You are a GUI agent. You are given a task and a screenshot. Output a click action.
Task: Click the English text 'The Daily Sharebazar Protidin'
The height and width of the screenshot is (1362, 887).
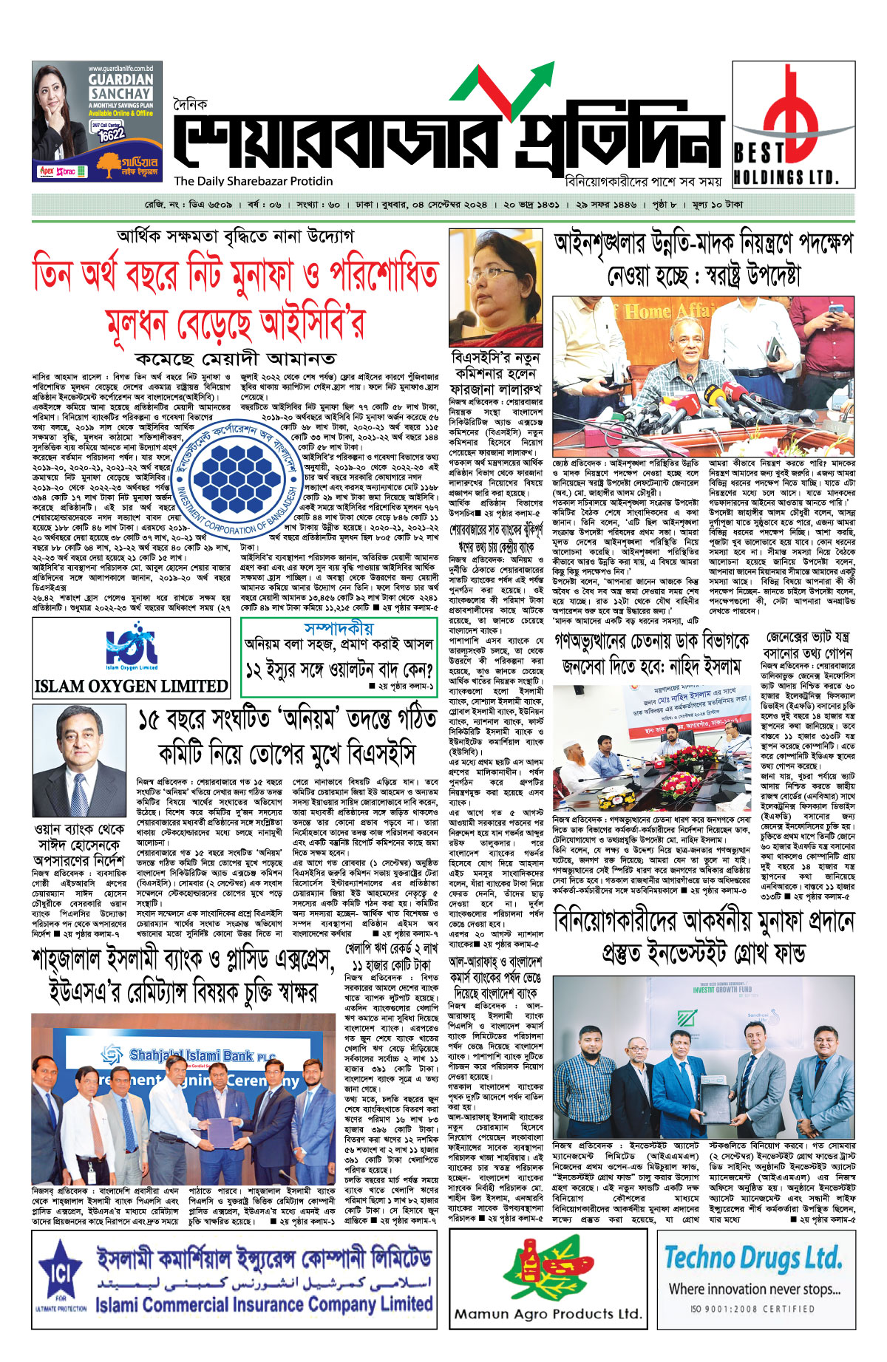click(x=254, y=181)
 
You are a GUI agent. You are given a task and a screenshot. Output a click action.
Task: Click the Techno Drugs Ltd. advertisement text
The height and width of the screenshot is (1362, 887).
click(x=753, y=1257)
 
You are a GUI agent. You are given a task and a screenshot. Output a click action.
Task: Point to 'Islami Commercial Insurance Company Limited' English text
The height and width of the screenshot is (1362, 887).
click(x=264, y=1304)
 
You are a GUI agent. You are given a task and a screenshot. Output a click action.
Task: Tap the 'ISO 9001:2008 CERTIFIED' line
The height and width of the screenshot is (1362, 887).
click(x=752, y=1309)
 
